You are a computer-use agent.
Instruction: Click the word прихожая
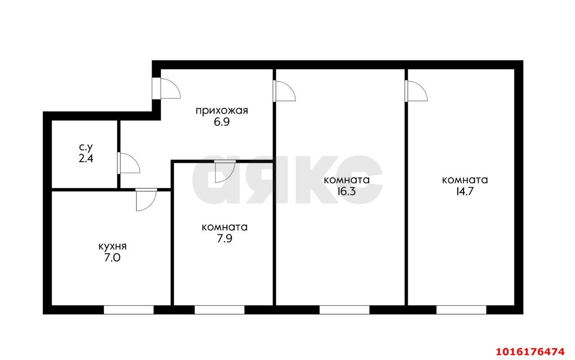(221, 111)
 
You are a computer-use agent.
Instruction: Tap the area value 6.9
(221, 123)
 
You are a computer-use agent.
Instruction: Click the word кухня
(112, 246)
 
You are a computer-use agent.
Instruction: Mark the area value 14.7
(465, 191)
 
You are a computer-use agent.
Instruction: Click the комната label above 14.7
(465, 180)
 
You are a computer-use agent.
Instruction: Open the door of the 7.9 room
(225, 171)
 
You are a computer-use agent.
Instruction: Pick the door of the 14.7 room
(415, 91)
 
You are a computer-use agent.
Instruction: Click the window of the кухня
(128, 310)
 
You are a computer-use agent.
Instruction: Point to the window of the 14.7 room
(461, 310)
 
